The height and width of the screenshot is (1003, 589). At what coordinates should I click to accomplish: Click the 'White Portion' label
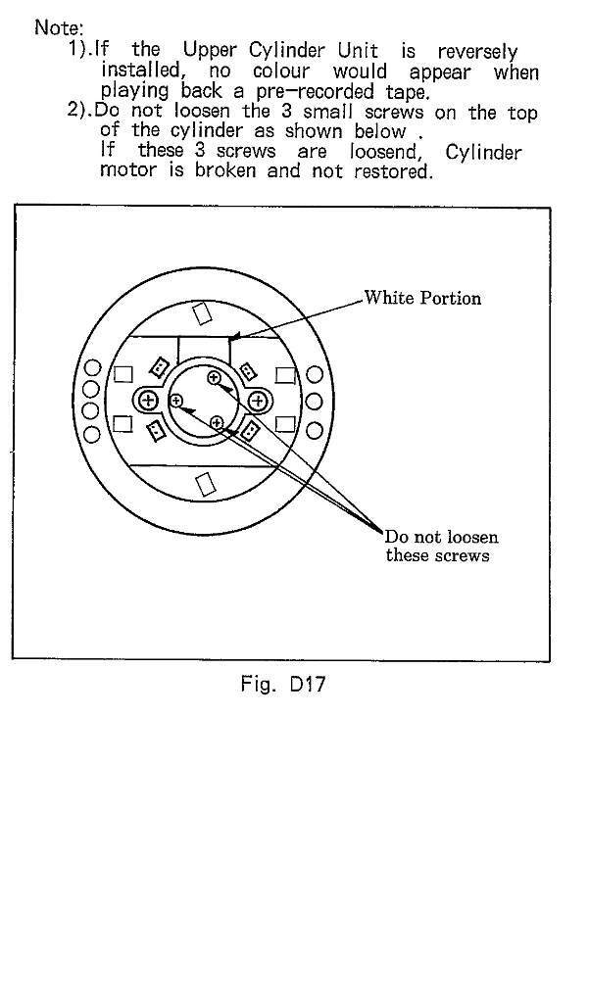pos(422,298)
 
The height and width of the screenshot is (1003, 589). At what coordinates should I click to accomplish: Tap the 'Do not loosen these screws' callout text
pos(440,546)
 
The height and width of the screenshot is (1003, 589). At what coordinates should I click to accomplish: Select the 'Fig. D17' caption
pos(283,684)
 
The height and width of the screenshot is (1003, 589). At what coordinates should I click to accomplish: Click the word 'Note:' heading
pos(59,27)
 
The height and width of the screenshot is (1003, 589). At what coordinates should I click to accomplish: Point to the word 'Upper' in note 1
pos(210,51)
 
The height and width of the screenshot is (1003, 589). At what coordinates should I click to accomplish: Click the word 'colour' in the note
pos(281,71)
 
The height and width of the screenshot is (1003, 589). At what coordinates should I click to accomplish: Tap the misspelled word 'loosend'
pos(383,152)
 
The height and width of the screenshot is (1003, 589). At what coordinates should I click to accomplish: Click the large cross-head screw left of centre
pos(149,401)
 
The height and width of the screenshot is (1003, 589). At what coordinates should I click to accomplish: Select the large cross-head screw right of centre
pos(258,401)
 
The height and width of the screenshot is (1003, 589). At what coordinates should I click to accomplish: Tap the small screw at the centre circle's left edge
pos(176,401)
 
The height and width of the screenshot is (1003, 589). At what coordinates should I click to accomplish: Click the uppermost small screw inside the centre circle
pos(214,377)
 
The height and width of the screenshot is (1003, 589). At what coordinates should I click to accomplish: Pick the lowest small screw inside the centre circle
pos(217,423)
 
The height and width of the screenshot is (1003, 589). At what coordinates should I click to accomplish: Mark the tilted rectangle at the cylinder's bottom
pos(204,484)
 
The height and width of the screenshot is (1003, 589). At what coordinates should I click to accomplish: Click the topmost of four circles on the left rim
pos(93,368)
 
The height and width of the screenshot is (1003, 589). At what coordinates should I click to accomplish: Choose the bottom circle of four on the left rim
pos(92,434)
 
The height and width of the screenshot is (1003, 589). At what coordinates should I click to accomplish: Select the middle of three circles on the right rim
pos(314,402)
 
